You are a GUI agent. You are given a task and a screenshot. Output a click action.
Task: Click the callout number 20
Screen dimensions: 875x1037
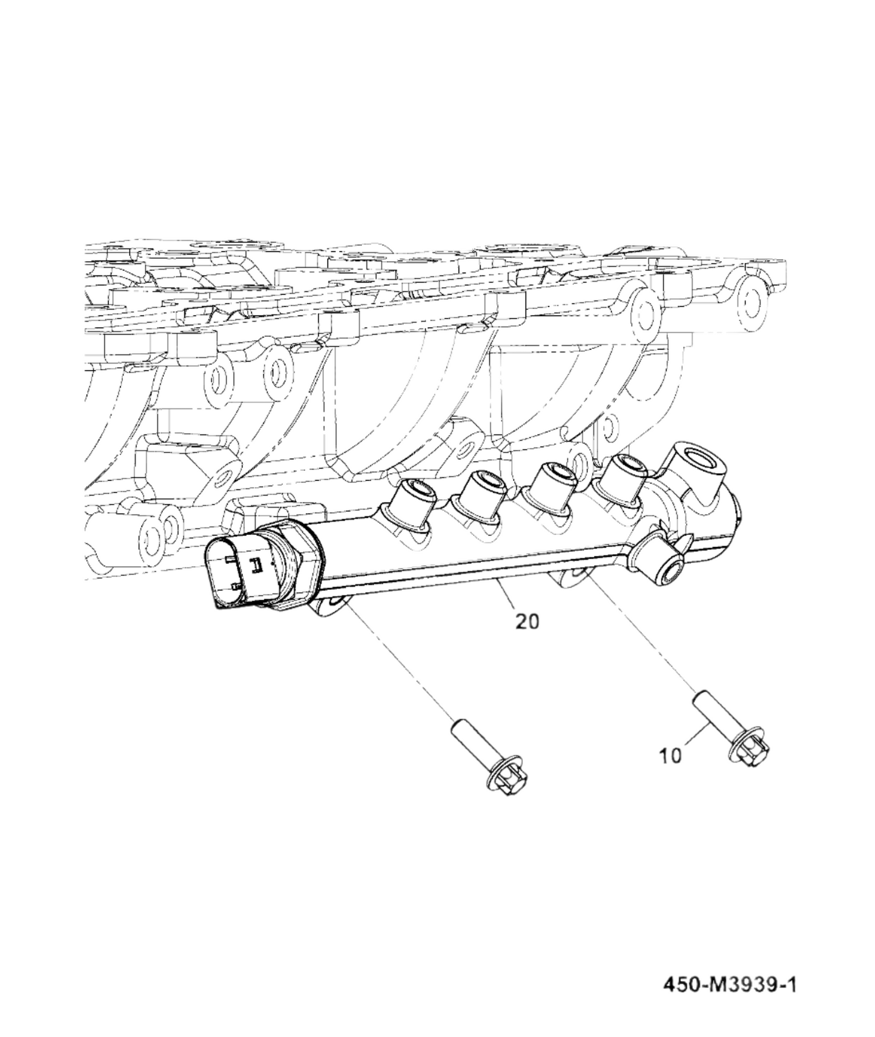tap(527, 621)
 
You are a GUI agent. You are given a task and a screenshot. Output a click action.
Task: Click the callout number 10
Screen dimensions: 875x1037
tap(670, 755)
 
